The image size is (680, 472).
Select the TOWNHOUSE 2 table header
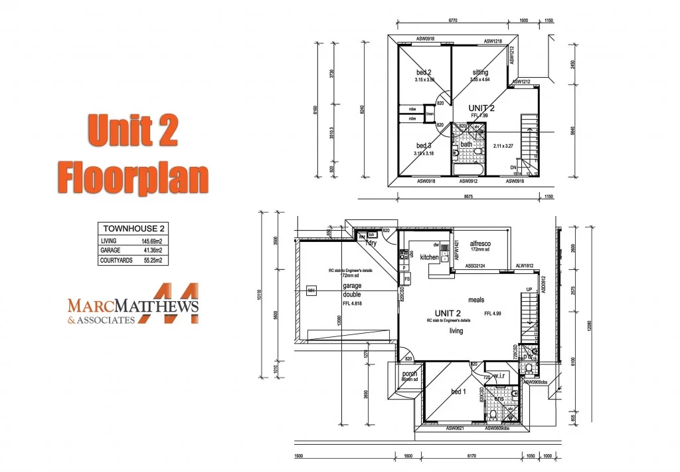pos(131,229)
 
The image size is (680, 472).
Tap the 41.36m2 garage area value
pos(151,251)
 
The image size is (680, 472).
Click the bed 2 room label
pos(424,72)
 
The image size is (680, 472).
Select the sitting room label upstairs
pos(480,72)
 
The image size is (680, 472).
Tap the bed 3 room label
pos(424,146)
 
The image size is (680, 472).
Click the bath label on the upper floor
pos(466,144)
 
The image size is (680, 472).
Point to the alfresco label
pos(479,244)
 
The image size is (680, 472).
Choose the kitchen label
pos(429,257)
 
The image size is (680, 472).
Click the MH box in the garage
pos(310,291)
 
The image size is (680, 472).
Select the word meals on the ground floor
pos(476,300)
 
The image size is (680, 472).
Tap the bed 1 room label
pos(458,392)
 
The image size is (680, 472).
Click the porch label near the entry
pos(410,374)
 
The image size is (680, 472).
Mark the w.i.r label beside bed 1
pos(499,376)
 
